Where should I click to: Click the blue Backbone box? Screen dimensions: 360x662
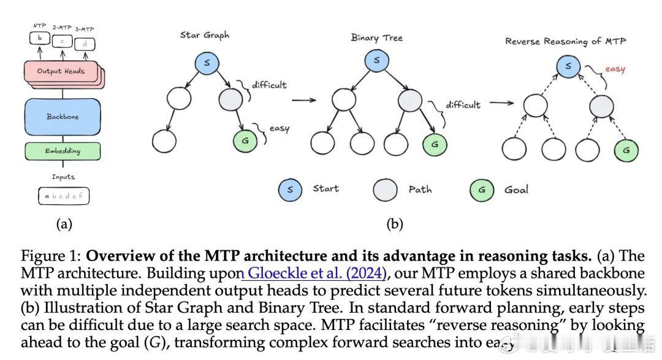[62, 117]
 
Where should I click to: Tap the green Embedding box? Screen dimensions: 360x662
[62, 150]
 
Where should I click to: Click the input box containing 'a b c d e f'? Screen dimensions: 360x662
[63, 197]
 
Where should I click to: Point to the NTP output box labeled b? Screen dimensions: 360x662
[39, 38]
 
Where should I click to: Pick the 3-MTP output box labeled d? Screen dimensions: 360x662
[84, 43]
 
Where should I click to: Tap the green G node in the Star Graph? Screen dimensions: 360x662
[246, 141]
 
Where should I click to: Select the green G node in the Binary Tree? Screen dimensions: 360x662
[435, 144]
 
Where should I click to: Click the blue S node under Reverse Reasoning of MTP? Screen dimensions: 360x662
[568, 66]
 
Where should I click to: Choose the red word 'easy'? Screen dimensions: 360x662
[614, 69]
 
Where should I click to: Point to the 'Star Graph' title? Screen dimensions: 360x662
[205, 35]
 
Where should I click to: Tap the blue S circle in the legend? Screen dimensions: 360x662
[290, 190]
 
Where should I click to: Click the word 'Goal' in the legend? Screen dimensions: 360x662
[516, 190]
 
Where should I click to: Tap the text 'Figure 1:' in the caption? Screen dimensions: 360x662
[51, 256]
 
